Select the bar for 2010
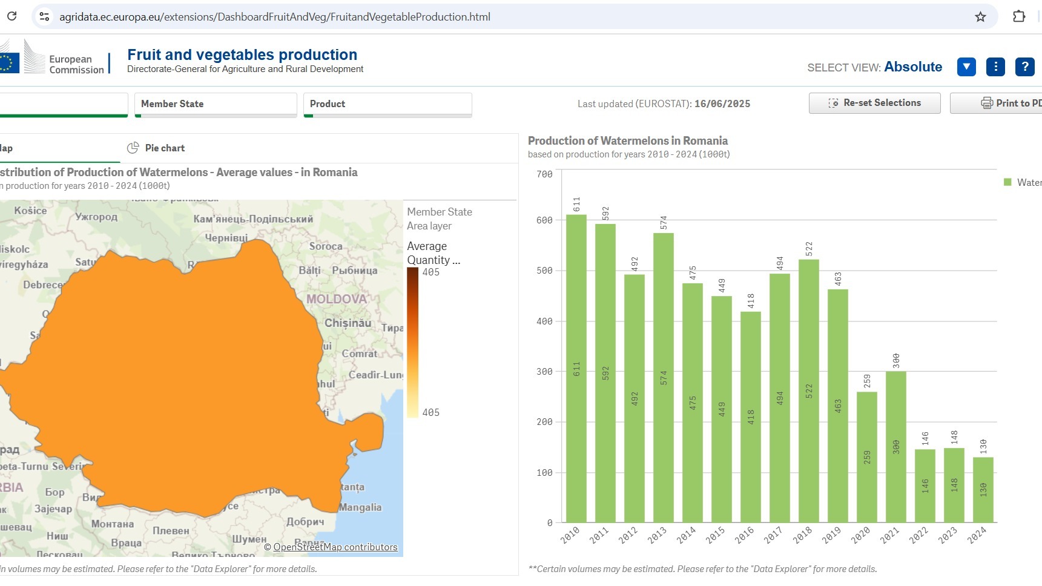click(x=576, y=369)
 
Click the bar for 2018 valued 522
click(x=808, y=390)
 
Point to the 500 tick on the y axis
click(x=544, y=271)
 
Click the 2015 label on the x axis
click(x=715, y=535)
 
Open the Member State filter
click(x=216, y=104)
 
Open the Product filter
click(x=387, y=104)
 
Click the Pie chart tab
click(x=156, y=148)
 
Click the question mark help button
click(x=1024, y=67)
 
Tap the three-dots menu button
click(x=995, y=67)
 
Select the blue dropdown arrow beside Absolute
click(x=966, y=67)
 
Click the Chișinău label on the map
click(x=348, y=323)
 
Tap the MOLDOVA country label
click(x=337, y=299)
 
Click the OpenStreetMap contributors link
click(x=335, y=547)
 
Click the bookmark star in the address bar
click(x=980, y=17)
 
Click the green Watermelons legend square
click(x=1007, y=182)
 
